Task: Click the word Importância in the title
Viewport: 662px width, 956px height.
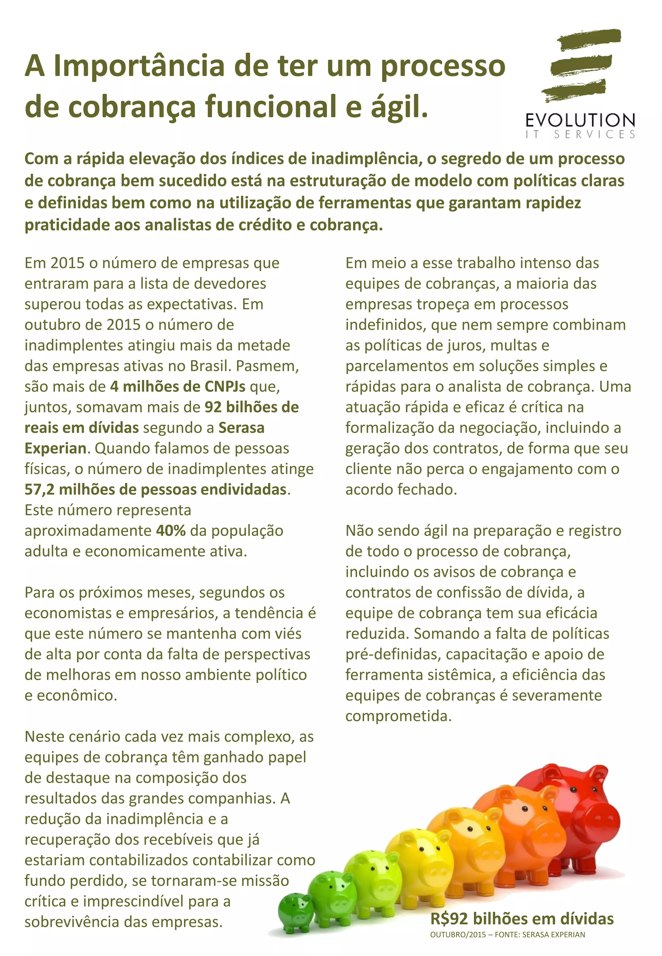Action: pos(139,66)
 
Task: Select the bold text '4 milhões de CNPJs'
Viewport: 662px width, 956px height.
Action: pos(177,386)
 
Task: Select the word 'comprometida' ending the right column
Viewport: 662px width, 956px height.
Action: pos(398,716)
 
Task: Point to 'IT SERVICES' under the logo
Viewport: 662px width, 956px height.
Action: pos(580,135)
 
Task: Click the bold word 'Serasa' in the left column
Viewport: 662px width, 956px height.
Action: pos(241,427)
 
